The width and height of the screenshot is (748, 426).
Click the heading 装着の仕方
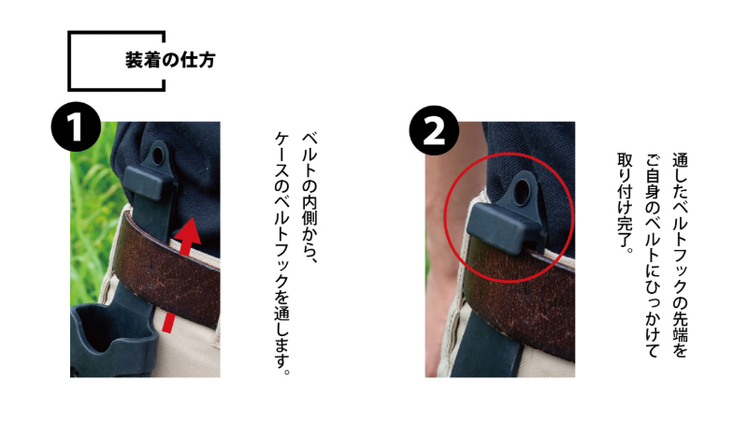[169, 61]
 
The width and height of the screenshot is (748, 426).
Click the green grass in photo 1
[89, 187]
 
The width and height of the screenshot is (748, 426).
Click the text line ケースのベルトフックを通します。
[280, 253]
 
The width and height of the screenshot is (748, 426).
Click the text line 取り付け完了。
[626, 201]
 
